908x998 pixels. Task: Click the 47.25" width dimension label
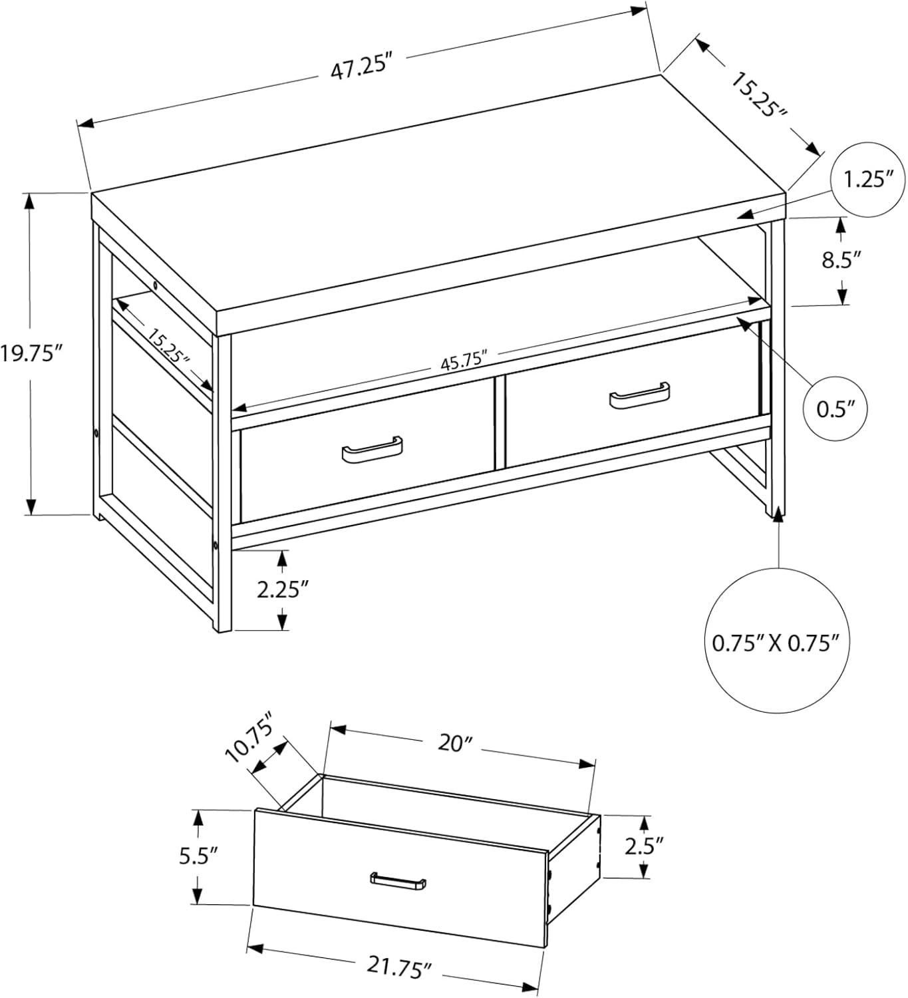pyautogui.click(x=359, y=68)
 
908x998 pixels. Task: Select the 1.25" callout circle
pyautogui.click(x=868, y=180)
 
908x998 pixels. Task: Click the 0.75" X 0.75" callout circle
pyautogui.click(x=772, y=643)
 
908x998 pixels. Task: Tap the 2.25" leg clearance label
pyautogui.click(x=284, y=589)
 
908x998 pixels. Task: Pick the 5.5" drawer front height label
pyautogui.click(x=200, y=856)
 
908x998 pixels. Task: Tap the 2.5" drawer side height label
pyautogui.click(x=644, y=846)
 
